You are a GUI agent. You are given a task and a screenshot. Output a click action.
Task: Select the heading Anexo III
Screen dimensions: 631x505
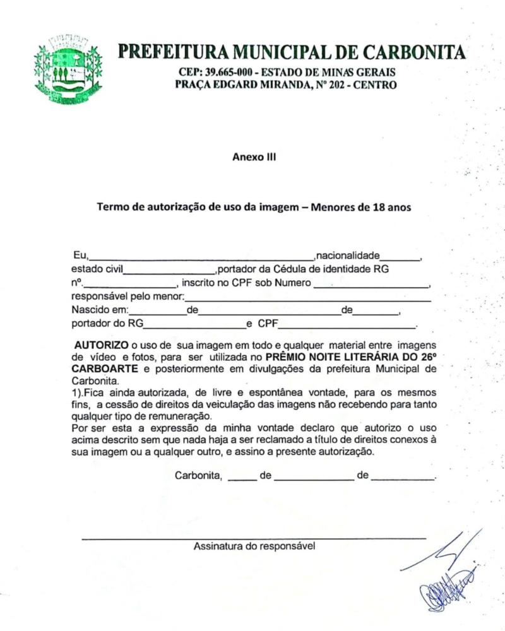pyautogui.click(x=254, y=158)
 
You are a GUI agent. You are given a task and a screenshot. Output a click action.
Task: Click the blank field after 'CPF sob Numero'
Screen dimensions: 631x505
pyautogui.click(x=371, y=285)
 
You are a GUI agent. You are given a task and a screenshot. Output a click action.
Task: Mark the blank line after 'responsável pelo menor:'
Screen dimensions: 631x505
pyautogui.click(x=307, y=298)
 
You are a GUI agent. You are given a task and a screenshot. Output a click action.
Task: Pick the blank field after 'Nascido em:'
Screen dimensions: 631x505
pyautogui.click(x=158, y=312)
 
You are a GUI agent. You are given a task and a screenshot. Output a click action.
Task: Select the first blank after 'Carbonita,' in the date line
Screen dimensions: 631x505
pyautogui.click(x=242, y=477)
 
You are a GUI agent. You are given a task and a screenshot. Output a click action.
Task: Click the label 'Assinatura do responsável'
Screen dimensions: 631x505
pyautogui.click(x=254, y=546)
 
